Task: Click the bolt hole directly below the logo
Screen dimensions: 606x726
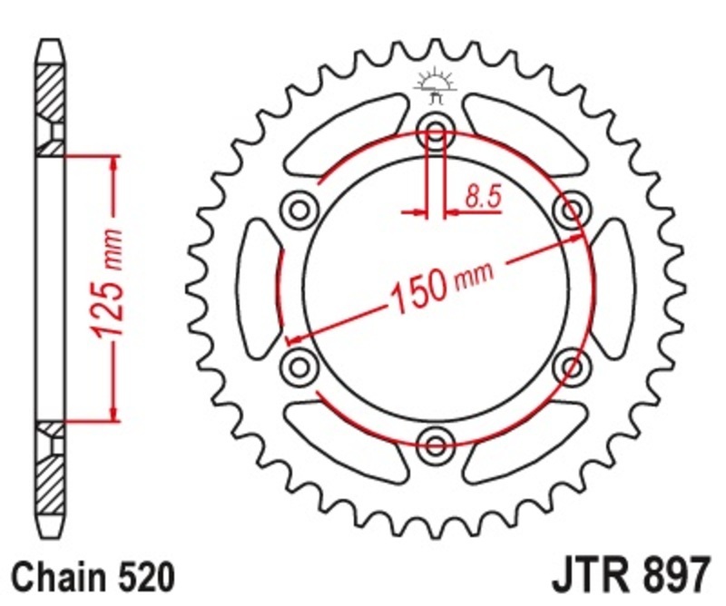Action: [436, 134]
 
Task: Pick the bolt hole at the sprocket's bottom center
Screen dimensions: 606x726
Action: [436, 444]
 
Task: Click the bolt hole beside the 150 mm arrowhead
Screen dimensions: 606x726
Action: [571, 211]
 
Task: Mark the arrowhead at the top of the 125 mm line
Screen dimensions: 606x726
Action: [114, 163]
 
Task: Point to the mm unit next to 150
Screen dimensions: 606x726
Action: [475, 275]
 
